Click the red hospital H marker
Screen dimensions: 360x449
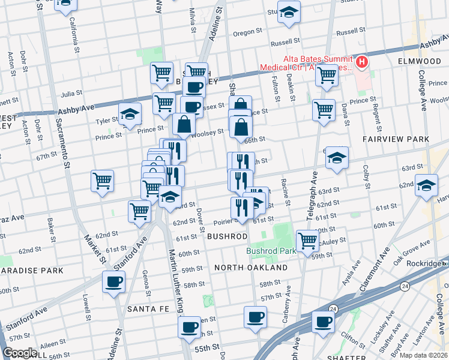point(362,62)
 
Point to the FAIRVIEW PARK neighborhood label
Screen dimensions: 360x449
point(396,139)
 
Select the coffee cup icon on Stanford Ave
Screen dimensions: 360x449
point(113,281)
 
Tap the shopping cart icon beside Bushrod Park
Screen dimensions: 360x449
point(307,241)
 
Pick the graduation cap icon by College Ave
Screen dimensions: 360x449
point(426,185)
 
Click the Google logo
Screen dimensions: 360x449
point(20,353)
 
